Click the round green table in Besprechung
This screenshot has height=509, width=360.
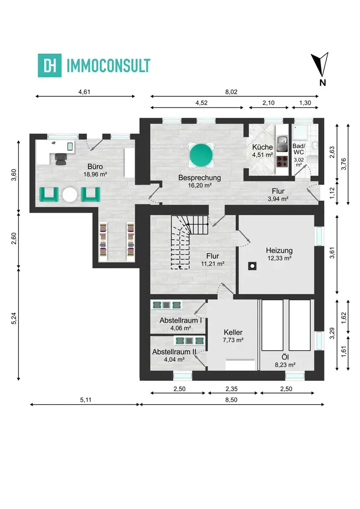[x=201, y=155]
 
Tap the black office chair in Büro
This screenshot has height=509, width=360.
[x=61, y=159]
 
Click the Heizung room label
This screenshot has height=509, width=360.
[x=279, y=250]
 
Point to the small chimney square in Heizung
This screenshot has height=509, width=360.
[x=252, y=266]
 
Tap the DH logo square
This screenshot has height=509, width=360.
[x=50, y=65]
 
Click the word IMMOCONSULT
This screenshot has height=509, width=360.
[x=108, y=66]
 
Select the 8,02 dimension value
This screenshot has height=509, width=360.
[x=231, y=92]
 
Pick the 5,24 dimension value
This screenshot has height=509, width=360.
[x=14, y=318]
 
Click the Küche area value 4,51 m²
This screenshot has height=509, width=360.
[x=262, y=155]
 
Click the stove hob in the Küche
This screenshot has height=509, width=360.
[x=283, y=161]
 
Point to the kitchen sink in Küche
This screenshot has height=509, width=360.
[x=282, y=144]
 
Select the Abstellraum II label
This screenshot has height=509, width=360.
[x=174, y=352]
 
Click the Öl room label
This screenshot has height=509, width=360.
[x=285, y=357]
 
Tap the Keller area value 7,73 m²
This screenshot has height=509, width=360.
[x=233, y=340]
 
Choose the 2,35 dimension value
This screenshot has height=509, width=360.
[x=232, y=389]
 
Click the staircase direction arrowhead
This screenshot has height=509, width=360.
[x=180, y=267]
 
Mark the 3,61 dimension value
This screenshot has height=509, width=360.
[x=332, y=253]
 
